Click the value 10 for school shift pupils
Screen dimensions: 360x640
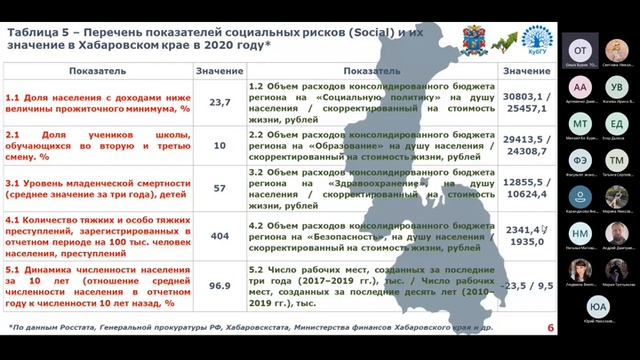click(x=220, y=144)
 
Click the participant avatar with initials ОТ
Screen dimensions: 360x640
click(x=579, y=49)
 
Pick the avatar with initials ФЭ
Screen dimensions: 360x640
click(x=580, y=159)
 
